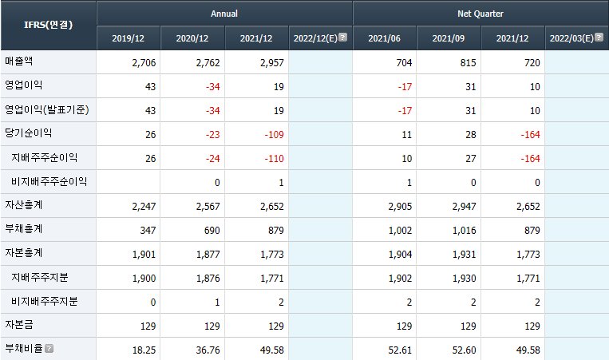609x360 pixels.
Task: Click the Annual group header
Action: pyautogui.click(x=224, y=14)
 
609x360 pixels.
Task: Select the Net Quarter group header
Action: pyautogui.click(x=480, y=14)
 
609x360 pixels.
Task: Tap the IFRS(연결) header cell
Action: pyautogui.click(x=48, y=25)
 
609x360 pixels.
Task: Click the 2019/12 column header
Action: pyautogui.click(x=129, y=38)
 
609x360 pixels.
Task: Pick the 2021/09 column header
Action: pyautogui.click(x=449, y=38)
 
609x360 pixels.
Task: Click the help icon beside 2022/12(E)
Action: pyautogui.click(x=342, y=38)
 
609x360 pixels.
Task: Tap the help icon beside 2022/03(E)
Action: pyautogui.click(x=599, y=38)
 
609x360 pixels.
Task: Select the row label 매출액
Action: pyautogui.click(x=18, y=61)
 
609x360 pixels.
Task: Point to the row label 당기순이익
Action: pyautogui.click(x=29, y=133)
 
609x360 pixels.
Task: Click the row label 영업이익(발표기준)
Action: pyautogui.click(x=47, y=109)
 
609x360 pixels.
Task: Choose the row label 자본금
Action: pyautogui.click(x=18, y=325)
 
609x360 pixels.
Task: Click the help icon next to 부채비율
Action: pyautogui.click(x=49, y=348)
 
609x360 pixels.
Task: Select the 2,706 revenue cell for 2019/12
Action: pyautogui.click(x=144, y=63)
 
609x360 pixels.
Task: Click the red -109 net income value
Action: pyautogui.click(x=275, y=135)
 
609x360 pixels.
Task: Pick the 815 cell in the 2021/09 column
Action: pyautogui.click(x=468, y=63)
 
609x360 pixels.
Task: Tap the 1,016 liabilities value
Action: pyautogui.click(x=464, y=231)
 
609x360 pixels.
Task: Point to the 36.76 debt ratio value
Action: pyautogui.click(x=208, y=350)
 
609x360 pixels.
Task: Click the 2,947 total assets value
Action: pyautogui.click(x=464, y=207)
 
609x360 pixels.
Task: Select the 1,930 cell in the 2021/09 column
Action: pyautogui.click(x=464, y=279)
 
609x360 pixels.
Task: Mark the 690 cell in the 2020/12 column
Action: pyautogui.click(x=212, y=231)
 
